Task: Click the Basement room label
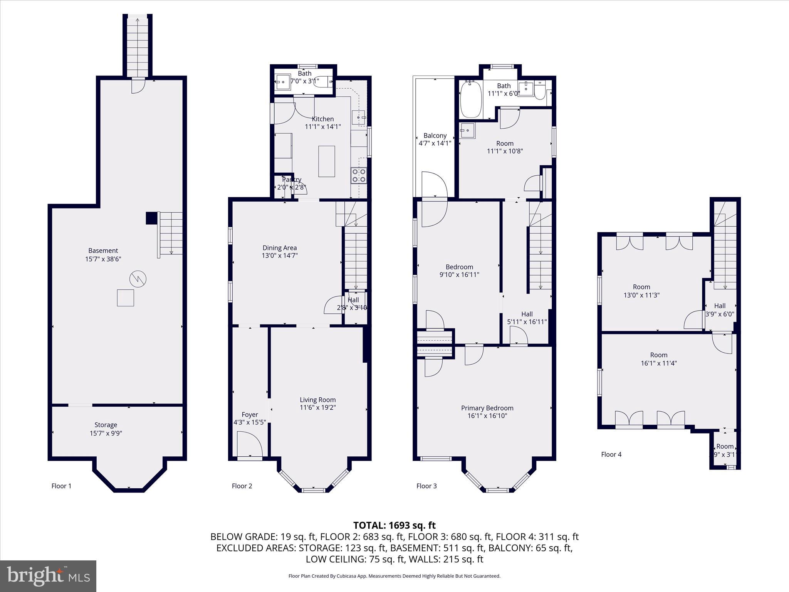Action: coord(103,251)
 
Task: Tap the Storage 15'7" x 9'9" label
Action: coord(106,429)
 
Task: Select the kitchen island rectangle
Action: coord(326,161)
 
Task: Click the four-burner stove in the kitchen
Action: coord(358,175)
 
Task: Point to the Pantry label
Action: coord(292,180)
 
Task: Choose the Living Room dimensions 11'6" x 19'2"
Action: coord(318,408)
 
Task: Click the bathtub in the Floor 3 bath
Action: coord(471,99)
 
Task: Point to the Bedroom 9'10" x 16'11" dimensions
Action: coord(459,275)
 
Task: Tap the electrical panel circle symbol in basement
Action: coord(138,279)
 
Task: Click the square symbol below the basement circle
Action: coord(125,298)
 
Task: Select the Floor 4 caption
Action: coord(611,454)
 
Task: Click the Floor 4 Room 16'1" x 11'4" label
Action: coord(658,359)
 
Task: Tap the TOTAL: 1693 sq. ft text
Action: coord(394,525)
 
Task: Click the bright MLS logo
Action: coord(48,576)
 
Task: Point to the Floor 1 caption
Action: coord(61,486)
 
